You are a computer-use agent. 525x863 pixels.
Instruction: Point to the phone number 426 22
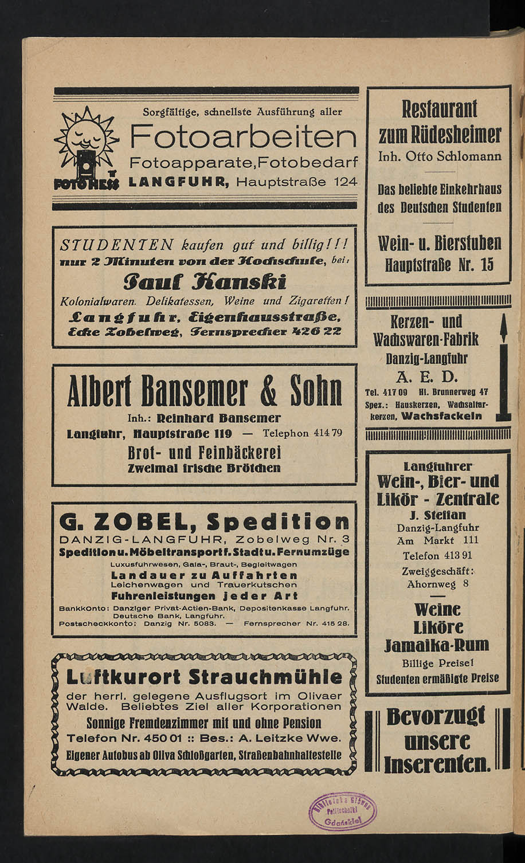(x=318, y=331)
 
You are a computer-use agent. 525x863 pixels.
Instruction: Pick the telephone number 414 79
(x=328, y=433)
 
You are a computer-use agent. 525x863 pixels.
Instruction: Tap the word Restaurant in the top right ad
(x=439, y=109)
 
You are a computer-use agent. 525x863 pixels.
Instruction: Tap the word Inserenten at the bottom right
(x=437, y=764)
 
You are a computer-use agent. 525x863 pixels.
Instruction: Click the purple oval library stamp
(x=343, y=812)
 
